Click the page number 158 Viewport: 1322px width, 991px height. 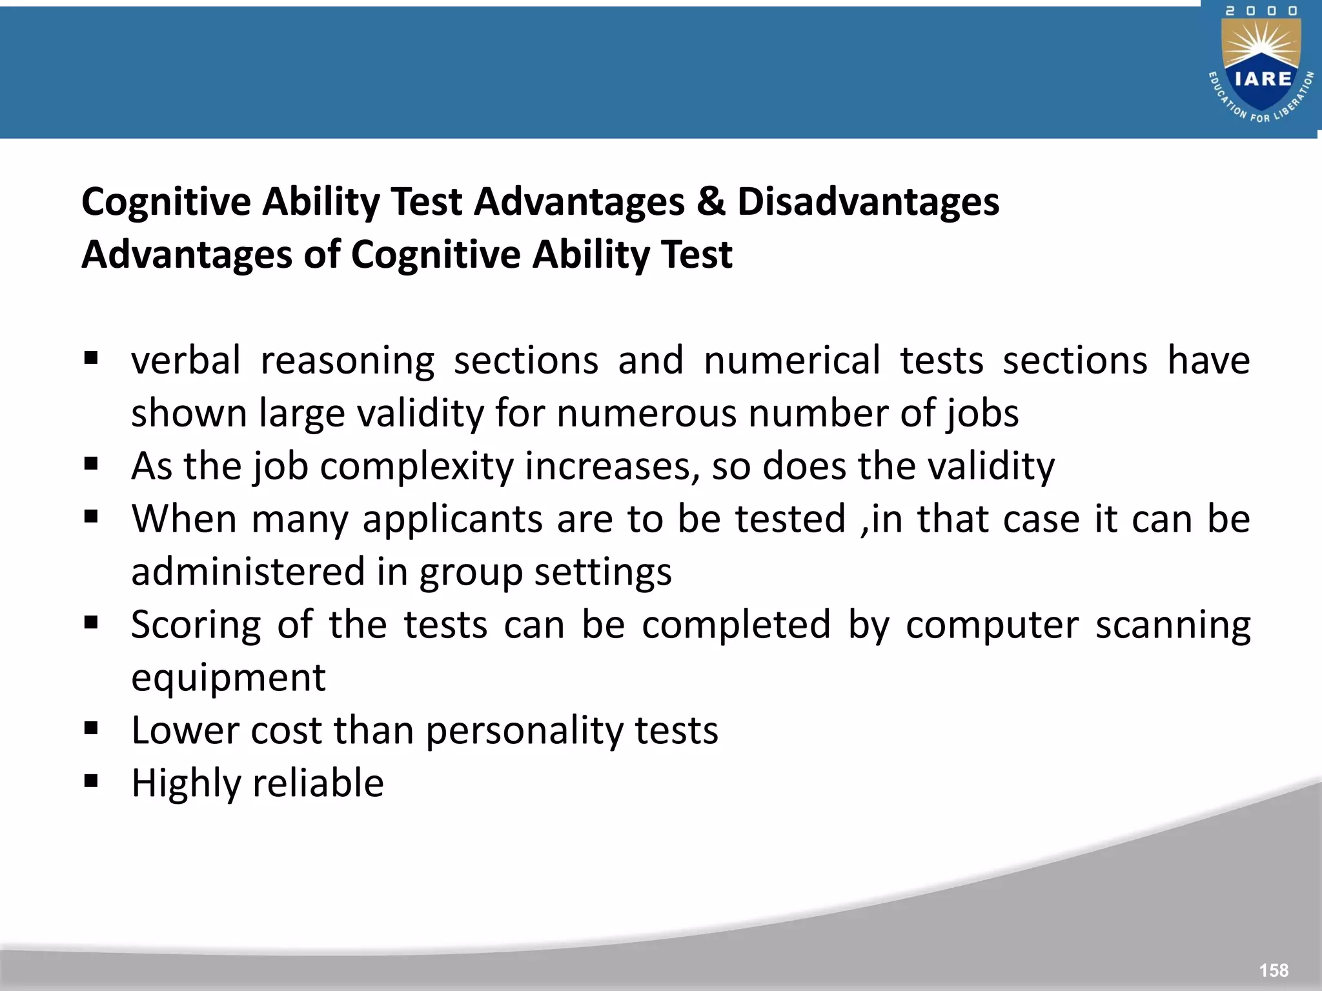tap(1273, 970)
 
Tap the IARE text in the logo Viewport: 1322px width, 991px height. tap(1263, 79)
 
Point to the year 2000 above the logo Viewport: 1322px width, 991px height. tap(1261, 11)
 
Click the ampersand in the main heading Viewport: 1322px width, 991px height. tap(711, 201)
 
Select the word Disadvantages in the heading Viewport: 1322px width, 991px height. tap(868, 201)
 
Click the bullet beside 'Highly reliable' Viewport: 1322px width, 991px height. tap(91, 782)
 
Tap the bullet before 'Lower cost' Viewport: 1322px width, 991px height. tap(91, 729)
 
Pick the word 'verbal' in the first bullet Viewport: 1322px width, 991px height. tap(186, 360)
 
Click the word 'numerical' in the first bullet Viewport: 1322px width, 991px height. tap(791, 360)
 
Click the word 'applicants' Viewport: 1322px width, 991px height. tap(453, 519)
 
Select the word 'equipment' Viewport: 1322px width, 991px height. tap(229, 678)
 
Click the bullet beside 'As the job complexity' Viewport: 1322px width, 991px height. tap(91, 465)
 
